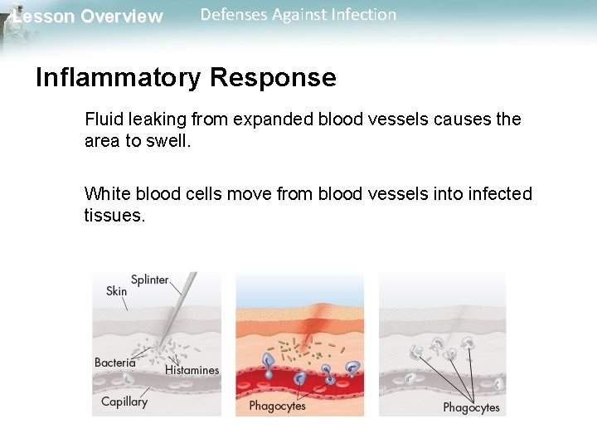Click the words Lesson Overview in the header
coord(88,17)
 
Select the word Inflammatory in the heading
coord(118,78)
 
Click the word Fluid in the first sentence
coord(102,119)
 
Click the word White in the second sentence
coord(104,194)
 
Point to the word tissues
coord(114,216)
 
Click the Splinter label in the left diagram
coord(150,280)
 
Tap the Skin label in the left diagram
coord(117,291)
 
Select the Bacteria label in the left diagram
coord(115,363)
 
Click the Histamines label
coord(192,370)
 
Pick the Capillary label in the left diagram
coord(124,402)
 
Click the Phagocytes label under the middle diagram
coord(277,406)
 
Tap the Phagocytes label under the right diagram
coord(471,407)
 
